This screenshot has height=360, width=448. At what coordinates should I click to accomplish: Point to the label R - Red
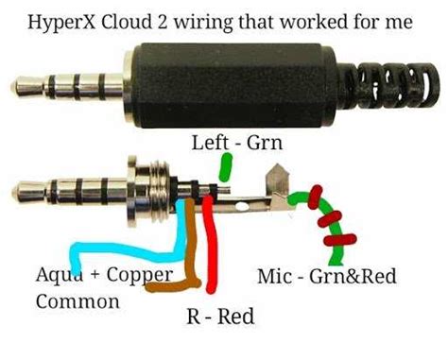click(218, 316)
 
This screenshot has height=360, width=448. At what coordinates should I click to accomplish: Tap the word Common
click(78, 302)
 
